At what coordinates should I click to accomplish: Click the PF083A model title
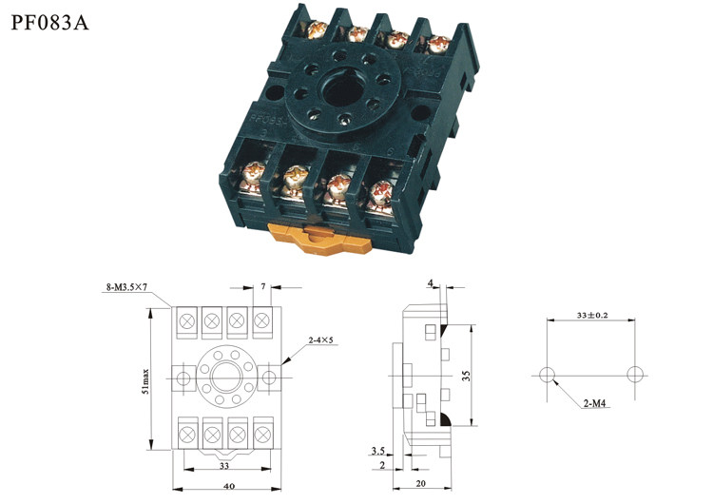pos(49,22)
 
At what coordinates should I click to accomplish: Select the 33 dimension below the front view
pos(224,466)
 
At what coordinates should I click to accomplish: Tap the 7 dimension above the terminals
pos(263,285)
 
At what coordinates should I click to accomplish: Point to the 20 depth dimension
pos(421,483)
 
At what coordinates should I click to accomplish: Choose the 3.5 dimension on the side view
pos(378,450)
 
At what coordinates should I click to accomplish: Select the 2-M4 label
pos(595,404)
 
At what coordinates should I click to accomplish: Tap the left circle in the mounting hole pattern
pos(547,373)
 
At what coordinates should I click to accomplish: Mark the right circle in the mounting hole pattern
pos(635,373)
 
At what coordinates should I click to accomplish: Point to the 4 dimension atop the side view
pos(431,282)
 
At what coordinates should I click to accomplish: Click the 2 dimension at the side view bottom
pos(381,465)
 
